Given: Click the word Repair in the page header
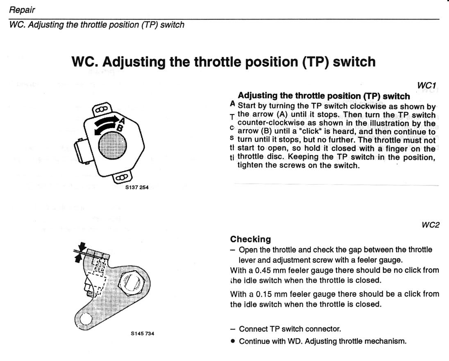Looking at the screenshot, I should coord(22,9).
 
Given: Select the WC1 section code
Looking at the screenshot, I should coord(426,86).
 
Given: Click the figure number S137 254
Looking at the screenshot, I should coord(137,188).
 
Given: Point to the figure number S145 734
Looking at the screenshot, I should coord(143,333).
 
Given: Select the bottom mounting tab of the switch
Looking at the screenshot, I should coord(122,178).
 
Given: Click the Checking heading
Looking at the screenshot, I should coord(250,239).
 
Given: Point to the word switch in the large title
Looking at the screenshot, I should coord(353,61).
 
